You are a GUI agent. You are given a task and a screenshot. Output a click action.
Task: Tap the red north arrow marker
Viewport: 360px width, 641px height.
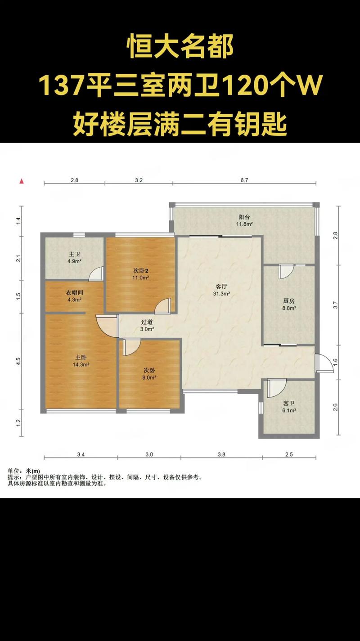pyautogui.click(x=22, y=181)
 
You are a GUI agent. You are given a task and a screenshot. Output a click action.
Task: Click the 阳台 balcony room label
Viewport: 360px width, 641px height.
pyautogui.click(x=244, y=217)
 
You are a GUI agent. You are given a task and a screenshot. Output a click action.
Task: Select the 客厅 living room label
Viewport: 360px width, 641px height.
pyautogui.click(x=221, y=287)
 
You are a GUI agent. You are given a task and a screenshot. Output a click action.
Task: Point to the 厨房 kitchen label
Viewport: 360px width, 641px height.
pyautogui.click(x=289, y=301)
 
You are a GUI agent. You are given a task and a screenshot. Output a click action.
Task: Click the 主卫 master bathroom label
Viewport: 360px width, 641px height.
pyautogui.click(x=74, y=254)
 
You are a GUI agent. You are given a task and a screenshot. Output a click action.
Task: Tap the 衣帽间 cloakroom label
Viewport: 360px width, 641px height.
pyautogui.click(x=74, y=293)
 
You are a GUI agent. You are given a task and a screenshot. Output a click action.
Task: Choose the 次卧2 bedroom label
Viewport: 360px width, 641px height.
pyautogui.click(x=140, y=270)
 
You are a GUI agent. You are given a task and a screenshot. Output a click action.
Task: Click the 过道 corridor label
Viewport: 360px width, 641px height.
pyautogui.click(x=147, y=322)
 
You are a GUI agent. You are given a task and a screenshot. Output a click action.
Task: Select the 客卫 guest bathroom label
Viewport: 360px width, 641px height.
pyautogui.click(x=289, y=403)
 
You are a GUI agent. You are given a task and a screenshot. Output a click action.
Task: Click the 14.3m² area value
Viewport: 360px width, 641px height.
pyautogui.click(x=81, y=364)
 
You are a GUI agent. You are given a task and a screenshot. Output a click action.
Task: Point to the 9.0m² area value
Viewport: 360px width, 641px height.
pyautogui.click(x=149, y=377)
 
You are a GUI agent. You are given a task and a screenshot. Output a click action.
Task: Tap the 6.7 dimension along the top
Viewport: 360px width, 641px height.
pyautogui.click(x=244, y=180)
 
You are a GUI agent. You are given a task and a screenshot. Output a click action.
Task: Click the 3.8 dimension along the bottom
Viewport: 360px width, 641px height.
pyautogui.click(x=221, y=454)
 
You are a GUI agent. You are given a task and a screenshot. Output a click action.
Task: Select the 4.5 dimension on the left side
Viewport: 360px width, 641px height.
pyautogui.click(x=18, y=361)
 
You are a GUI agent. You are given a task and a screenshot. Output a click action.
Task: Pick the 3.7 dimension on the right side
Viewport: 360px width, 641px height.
pyautogui.click(x=335, y=305)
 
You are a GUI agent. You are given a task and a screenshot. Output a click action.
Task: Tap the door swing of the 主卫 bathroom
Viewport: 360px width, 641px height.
pyautogui.click(x=95, y=274)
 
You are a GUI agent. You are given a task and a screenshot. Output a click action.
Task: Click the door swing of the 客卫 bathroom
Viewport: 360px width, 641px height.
pyautogui.click(x=276, y=388)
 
